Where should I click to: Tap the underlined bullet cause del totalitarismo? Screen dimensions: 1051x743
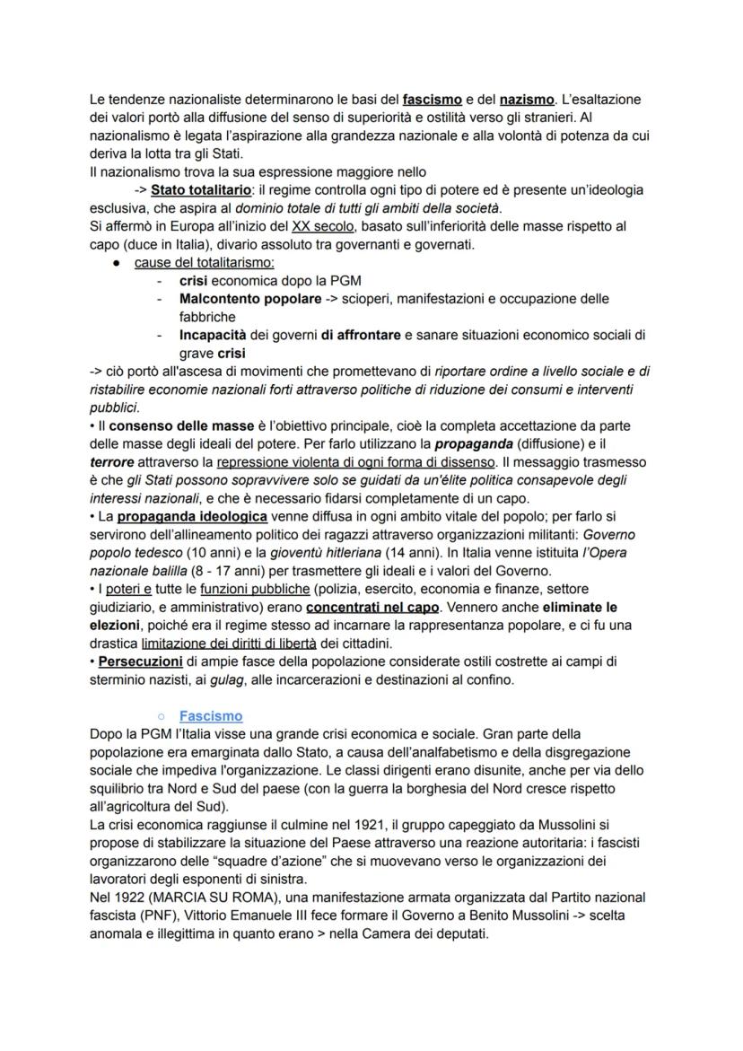tap(205, 262)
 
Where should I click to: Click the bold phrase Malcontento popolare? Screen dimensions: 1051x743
tap(249, 298)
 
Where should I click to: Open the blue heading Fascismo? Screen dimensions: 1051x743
tap(210, 716)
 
